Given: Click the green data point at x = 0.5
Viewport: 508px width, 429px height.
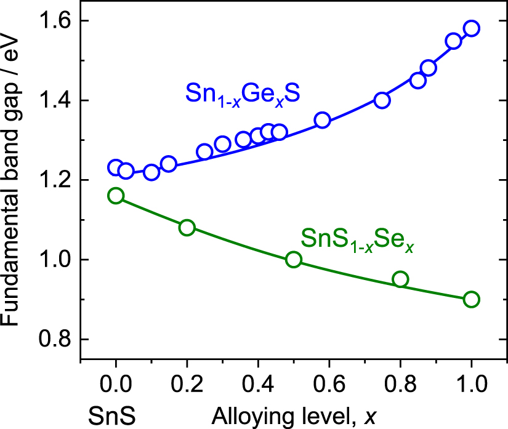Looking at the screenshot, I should click(294, 259).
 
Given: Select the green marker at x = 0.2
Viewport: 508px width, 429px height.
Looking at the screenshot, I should click(187, 228).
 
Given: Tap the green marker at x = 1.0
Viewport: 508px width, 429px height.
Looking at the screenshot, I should click(472, 299).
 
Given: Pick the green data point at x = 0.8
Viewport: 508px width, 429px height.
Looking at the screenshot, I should click(400, 279).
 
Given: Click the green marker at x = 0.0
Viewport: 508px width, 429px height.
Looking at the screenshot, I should click(116, 196).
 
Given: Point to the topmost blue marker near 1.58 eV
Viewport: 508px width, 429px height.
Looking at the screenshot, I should click(472, 28).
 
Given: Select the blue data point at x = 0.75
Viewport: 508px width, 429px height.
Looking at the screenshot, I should click(382, 100).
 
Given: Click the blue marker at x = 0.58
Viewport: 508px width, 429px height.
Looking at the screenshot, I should click(322, 120).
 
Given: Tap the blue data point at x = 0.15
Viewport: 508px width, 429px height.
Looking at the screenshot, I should click(169, 164).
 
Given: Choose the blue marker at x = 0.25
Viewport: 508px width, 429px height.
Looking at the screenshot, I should click(204, 152).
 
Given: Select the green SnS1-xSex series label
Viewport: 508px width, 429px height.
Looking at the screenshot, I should click(357, 239).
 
